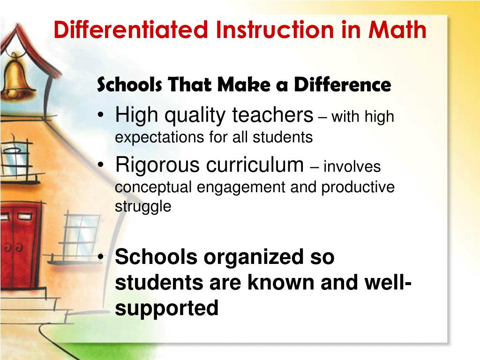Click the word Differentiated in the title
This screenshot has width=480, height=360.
click(x=130, y=30)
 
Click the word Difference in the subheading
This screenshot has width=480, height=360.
click(x=342, y=85)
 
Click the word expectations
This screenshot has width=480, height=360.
click(x=152, y=137)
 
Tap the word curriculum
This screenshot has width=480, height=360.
click(x=256, y=165)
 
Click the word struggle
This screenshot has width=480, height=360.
click(x=143, y=206)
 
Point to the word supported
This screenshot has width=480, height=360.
click(x=166, y=309)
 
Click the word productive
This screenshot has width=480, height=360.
click(x=358, y=187)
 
